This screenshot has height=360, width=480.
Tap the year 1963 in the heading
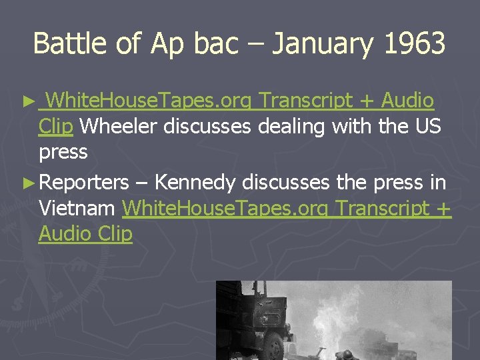(x=415, y=44)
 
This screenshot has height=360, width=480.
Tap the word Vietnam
(x=77, y=208)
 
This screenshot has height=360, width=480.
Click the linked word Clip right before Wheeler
(x=56, y=126)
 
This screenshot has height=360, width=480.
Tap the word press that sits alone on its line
(x=63, y=152)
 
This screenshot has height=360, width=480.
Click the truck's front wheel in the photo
(x=273, y=347)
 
